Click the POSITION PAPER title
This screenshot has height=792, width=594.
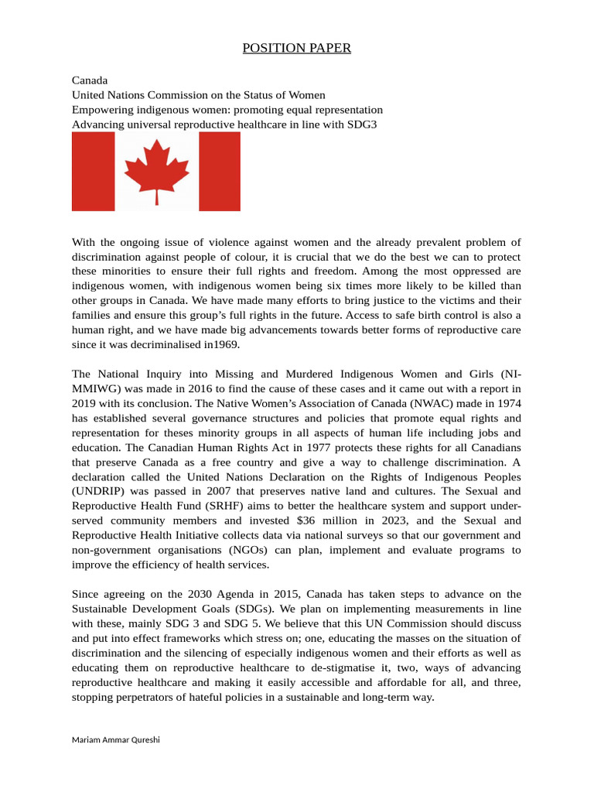click(296, 49)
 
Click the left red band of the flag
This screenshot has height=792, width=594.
click(93, 171)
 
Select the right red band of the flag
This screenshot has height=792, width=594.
click(220, 171)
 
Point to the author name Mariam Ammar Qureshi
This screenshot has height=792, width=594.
click(116, 739)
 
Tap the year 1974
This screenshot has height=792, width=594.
click(507, 403)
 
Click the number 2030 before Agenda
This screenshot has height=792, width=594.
click(200, 594)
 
